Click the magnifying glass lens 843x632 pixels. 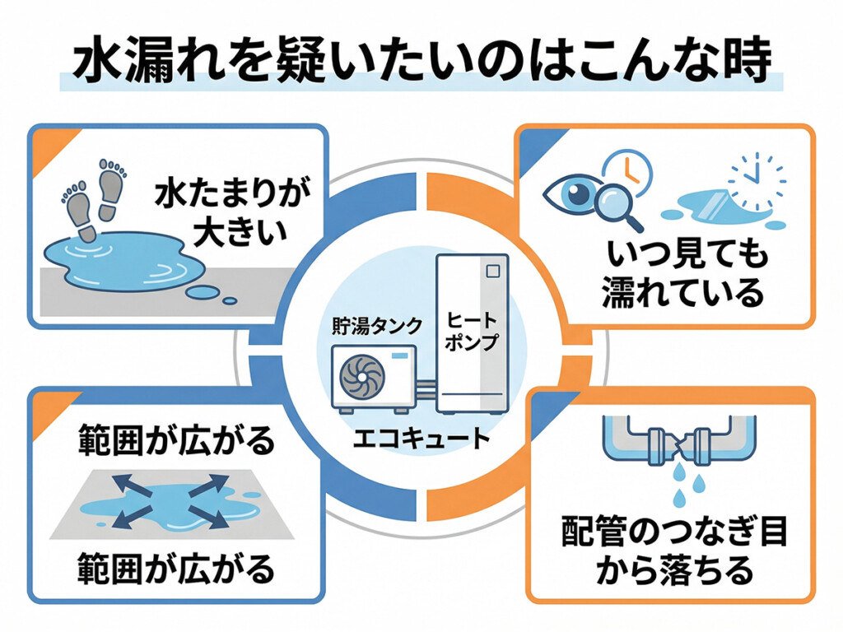tap(615, 201)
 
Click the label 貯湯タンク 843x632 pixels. tap(368, 324)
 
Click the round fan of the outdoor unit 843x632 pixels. tap(360, 376)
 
